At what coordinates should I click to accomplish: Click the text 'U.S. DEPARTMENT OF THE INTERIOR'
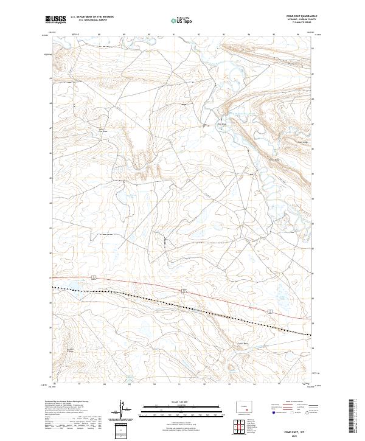(x=92, y=16)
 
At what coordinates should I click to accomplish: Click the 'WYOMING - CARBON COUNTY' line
(x=302, y=19)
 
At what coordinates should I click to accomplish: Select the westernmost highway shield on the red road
(x=92, y=277)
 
